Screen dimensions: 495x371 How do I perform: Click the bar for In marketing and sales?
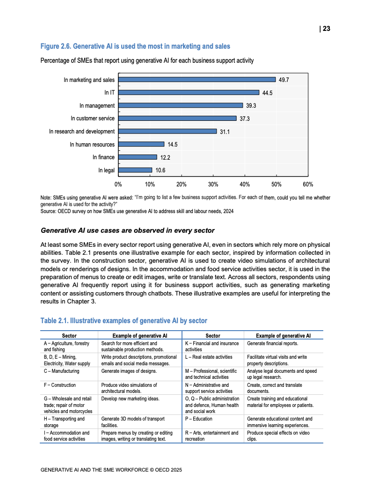click(x=197, y=80)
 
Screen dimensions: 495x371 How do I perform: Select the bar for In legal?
click(x=135, y=170)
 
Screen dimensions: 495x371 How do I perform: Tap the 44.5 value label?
click(x=268, y=93)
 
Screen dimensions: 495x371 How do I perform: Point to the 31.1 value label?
click(x=225, y=132)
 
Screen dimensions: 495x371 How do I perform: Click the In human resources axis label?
click(x=92, y=144)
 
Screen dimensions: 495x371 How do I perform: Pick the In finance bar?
click(x=138, y=157)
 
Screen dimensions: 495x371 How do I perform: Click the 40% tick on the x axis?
click(x=245, y=185)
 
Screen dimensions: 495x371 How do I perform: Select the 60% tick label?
click(x=308, y=185)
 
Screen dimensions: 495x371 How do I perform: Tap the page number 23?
click(x=326, y=29)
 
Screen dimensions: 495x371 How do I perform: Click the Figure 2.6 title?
click(x=135, y=46)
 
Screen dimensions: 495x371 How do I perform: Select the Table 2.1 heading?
click(x=124, y=321)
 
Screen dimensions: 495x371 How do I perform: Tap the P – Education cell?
click(x=199, y=419)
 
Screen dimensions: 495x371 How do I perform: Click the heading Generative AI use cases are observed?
click(x=128, y=230)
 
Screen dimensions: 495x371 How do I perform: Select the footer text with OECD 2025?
click(x=111, y=469)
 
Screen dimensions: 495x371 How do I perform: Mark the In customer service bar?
click(x=177, y=118)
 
